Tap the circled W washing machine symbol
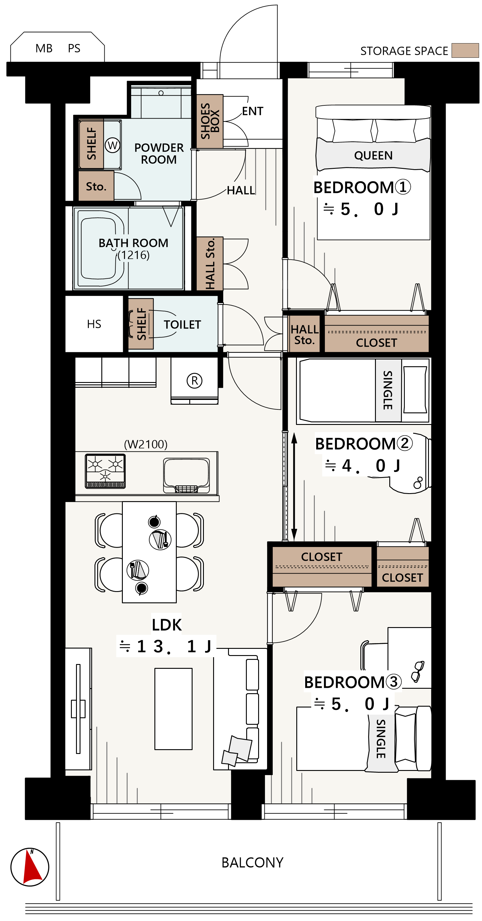coord(112,145)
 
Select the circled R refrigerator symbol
coord(194,381)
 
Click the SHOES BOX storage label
coord(210,121)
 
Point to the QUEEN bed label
coord(373,155)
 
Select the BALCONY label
coord(252,863)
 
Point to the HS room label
coord(94,324)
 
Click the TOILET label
coord(182,325)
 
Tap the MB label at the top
coord(44,48)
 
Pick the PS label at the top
coord(74,48)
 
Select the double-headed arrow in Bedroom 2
coord(294,487)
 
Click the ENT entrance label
coord(253,111)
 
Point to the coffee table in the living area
coord(173,709)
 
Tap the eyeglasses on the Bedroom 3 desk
coord(417,671)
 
